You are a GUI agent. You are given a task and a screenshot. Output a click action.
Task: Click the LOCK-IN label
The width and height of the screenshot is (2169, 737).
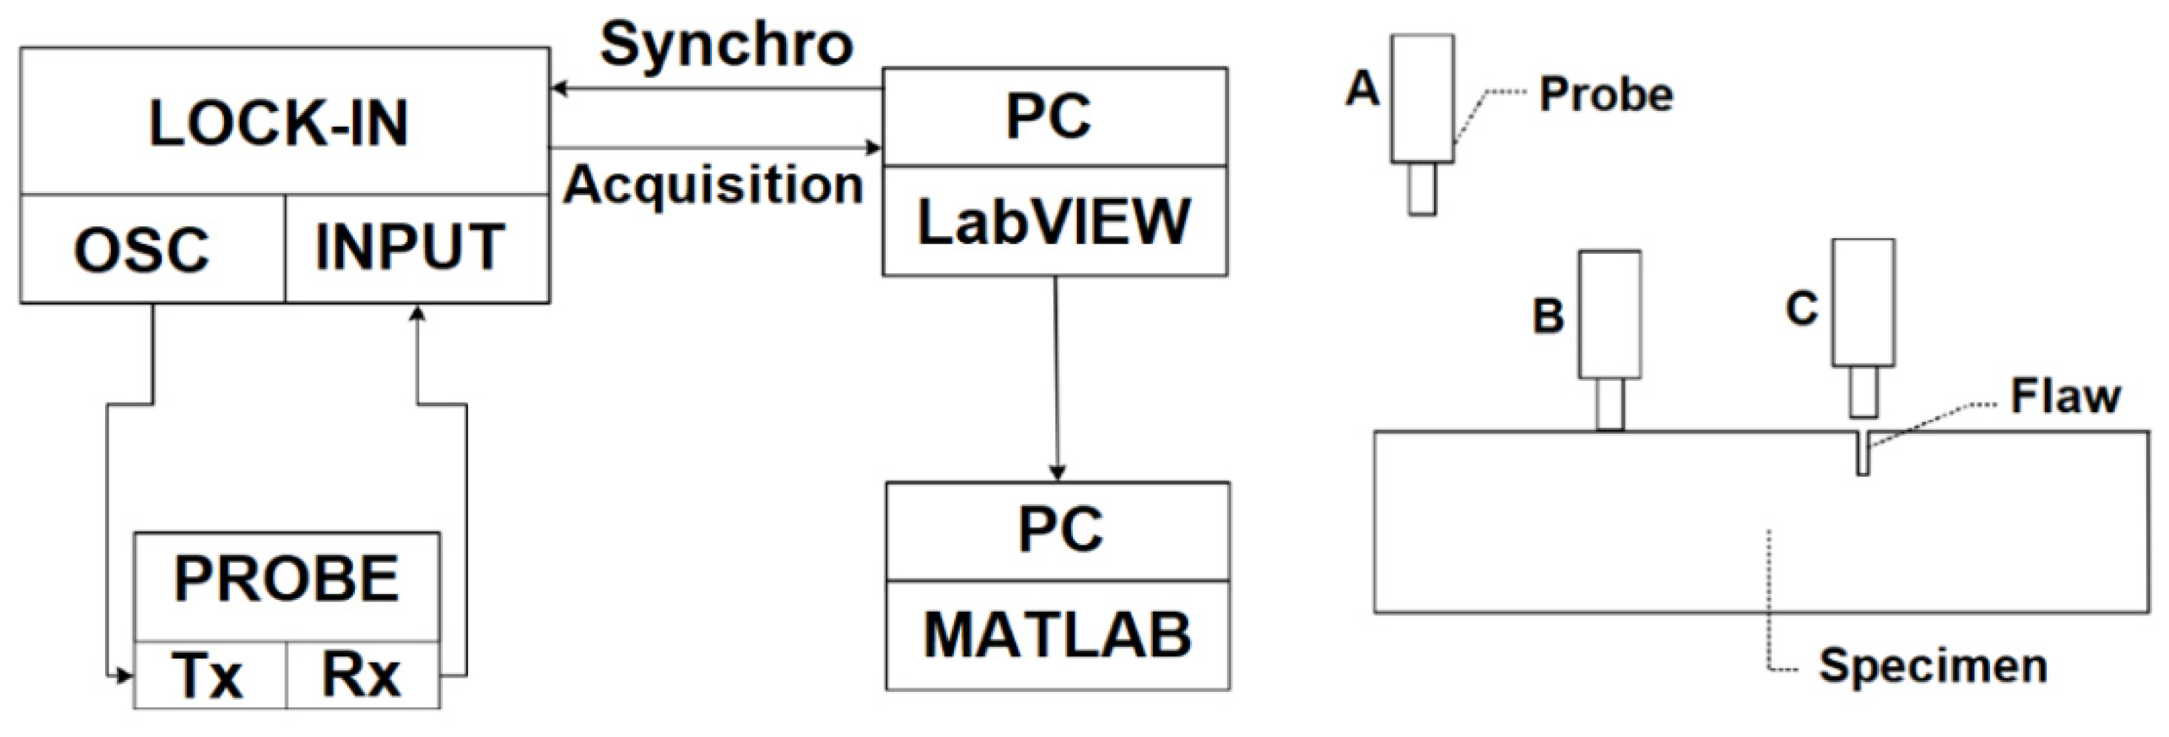[x=279, y=124]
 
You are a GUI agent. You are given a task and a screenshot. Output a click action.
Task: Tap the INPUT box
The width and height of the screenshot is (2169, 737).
[x=411, y=248]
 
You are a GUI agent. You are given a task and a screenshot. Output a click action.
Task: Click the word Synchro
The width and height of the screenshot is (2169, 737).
[x=725, y=44]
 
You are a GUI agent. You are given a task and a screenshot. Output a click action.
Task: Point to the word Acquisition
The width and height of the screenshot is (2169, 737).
[x=713, y=184]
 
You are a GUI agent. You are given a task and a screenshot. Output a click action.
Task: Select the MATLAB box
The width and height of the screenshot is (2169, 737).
[x=1058, y=635]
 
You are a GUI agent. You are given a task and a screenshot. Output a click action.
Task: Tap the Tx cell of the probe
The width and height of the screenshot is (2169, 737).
[x=208, y=676]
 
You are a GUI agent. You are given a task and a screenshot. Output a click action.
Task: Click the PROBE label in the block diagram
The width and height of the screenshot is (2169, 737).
[x=286, y=579]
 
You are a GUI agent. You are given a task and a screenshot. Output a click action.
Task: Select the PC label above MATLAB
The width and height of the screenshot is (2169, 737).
[x=1059, y=530]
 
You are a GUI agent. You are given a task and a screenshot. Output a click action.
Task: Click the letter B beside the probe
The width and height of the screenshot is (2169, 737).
[x=1548, y=317]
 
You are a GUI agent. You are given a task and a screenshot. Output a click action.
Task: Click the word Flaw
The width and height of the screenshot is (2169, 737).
[x=2065, y=396]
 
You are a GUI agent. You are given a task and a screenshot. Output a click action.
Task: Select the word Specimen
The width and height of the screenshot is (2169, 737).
[x=1932, y=666]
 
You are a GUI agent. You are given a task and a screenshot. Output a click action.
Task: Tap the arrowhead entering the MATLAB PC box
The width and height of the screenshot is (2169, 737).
[x=1057, y=473]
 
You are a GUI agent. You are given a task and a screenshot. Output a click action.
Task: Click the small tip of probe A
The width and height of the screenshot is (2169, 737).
[x=1422, y=189]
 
